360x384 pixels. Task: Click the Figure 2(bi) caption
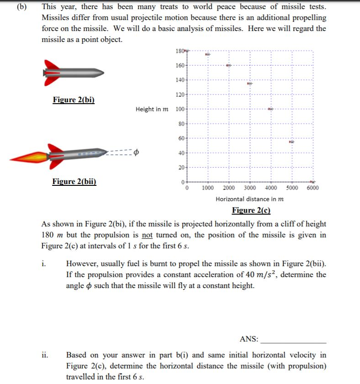(x=74, y=100)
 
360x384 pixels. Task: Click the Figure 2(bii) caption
(x=74, y=181)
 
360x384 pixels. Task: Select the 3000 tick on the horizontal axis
(x=250, y=188)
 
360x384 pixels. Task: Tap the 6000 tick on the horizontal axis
(x=312, y=188)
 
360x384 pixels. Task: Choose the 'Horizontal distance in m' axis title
(x=249, y=199)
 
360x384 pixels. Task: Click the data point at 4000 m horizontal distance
(x=270, y=109)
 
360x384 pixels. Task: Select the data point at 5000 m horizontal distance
(x=291, y=142)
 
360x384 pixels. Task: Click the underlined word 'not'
(x=147, y=235)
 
